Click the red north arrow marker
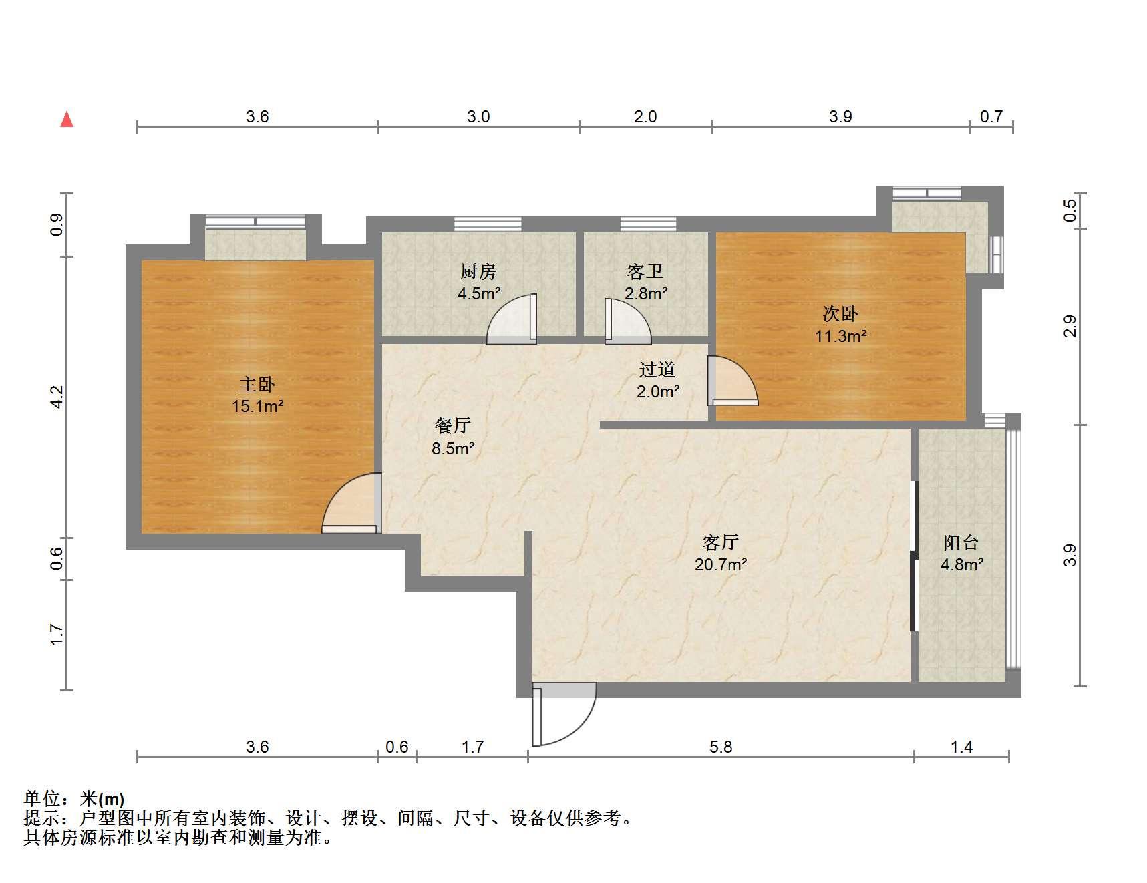tap(67, 120)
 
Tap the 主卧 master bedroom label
tap(257, 385)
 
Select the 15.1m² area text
tap(258, 406)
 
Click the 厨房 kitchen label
tap(478, 272)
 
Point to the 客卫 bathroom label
tap(645, 272)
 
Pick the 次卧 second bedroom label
tap(840, 314)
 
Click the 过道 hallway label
tap(657, 370)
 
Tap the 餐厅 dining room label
tap(453, 425)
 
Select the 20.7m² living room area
tap(721, 565)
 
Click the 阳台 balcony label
tap(961, 542)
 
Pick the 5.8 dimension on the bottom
tap(721, 747)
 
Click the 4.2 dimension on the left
tap(57, 397)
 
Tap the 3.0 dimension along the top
tap(478, 117)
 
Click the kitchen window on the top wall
tap(488, 224)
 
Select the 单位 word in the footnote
tap(42, 798)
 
